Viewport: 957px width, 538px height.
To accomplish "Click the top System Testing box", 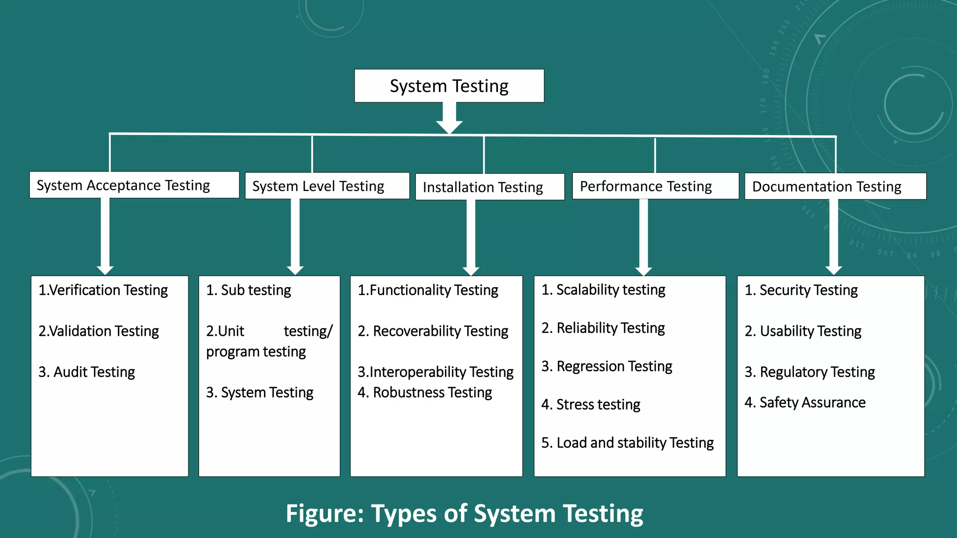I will click(449, 86).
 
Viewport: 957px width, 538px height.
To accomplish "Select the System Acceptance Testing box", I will click(134, 185).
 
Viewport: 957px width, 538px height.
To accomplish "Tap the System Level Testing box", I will click(327, 186).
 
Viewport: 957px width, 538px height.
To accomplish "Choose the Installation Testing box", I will click(490, 187).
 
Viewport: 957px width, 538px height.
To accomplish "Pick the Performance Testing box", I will click(655, 186).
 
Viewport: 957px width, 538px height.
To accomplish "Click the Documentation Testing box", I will click(835, 186).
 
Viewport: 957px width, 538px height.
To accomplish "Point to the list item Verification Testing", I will click(103, 290).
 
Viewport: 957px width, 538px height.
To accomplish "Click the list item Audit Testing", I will click(86, 372).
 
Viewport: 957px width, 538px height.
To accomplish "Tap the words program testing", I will click(256, 352).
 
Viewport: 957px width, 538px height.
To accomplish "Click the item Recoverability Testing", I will click(433, 331).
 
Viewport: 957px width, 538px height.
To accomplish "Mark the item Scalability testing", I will click(603, 290).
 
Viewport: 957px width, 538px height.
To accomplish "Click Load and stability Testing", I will click(627, 443).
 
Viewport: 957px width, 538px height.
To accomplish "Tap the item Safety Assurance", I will click(805, 403).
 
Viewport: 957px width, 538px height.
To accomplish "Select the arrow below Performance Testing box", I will click(643, 238).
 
